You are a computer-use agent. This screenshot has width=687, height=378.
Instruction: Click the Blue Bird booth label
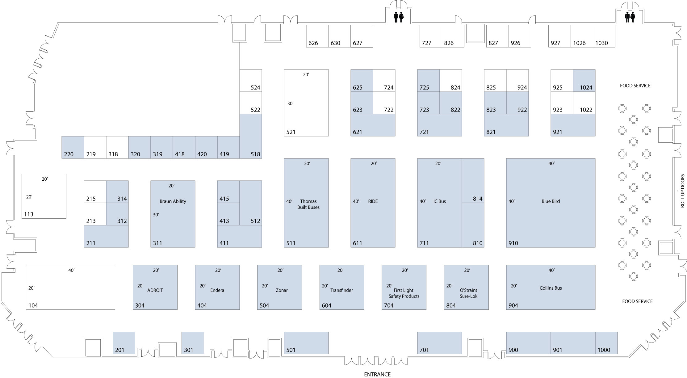coord(551,201)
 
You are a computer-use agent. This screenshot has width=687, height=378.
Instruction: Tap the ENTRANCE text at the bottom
coord(377,374)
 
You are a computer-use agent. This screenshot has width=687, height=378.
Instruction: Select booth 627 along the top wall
coord(362,36)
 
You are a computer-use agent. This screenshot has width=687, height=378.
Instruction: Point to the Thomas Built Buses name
coord(308,204)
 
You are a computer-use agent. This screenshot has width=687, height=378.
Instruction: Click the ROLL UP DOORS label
coord(682,191)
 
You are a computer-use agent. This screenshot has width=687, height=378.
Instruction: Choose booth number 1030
coord(601,43)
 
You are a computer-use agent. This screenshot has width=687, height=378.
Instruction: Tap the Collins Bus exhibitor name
coord(551,288)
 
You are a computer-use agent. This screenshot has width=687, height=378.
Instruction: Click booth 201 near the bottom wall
coord(124,343)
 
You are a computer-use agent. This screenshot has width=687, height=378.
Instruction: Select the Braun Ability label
coord(173,201)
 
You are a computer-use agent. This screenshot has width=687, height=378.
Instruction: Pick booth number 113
coord(29,214)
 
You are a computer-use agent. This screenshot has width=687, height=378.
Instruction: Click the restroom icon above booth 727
coord(399,17)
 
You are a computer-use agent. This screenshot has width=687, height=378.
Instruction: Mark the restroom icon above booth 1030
coord(630,17)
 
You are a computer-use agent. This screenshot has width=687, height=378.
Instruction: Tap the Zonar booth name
coord(282,290)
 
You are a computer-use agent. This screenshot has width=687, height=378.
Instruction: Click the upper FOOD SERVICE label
coord(635,86)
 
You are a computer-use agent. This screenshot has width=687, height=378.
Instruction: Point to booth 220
coord(73,147)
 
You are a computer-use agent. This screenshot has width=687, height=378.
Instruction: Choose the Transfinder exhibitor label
coord(341,290)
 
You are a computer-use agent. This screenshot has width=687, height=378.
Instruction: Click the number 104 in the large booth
coord(33,306)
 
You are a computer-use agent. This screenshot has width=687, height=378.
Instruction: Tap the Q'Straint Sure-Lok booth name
coord(468,293)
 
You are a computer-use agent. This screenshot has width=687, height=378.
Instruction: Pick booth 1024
coord(584,81)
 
